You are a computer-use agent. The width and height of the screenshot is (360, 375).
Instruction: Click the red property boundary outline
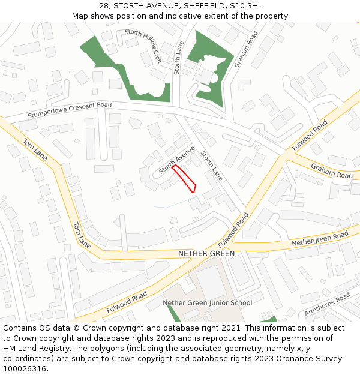[184, 178]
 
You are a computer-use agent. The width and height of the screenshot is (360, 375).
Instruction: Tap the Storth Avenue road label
[177, 160]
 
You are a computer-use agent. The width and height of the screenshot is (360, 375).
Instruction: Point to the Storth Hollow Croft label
[143, 47]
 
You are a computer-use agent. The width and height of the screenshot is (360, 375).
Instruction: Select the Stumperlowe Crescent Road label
[70, 110]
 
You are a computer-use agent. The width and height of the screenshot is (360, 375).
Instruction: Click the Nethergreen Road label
[320, 239]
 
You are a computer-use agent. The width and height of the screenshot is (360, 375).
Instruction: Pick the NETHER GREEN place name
[206, 254]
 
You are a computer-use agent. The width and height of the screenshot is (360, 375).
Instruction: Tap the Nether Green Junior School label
[208, 302]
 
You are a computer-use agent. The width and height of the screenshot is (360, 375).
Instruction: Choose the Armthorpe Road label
[327, 304]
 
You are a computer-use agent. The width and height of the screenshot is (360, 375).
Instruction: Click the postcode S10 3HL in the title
[246, 6]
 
